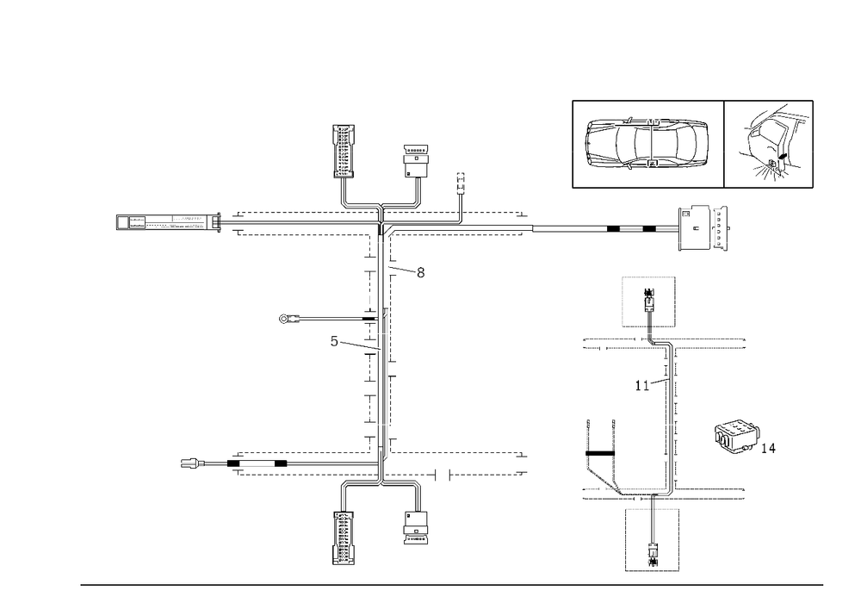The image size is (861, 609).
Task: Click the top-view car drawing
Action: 647,142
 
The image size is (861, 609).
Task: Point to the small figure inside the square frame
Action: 652,301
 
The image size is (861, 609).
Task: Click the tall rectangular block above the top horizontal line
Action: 344,151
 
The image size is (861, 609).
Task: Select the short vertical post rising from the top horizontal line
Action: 461,194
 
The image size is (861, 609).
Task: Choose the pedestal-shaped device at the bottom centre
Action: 344,534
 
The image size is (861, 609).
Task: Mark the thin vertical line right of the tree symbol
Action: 814,142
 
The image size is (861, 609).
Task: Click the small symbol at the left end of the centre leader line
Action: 283,319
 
